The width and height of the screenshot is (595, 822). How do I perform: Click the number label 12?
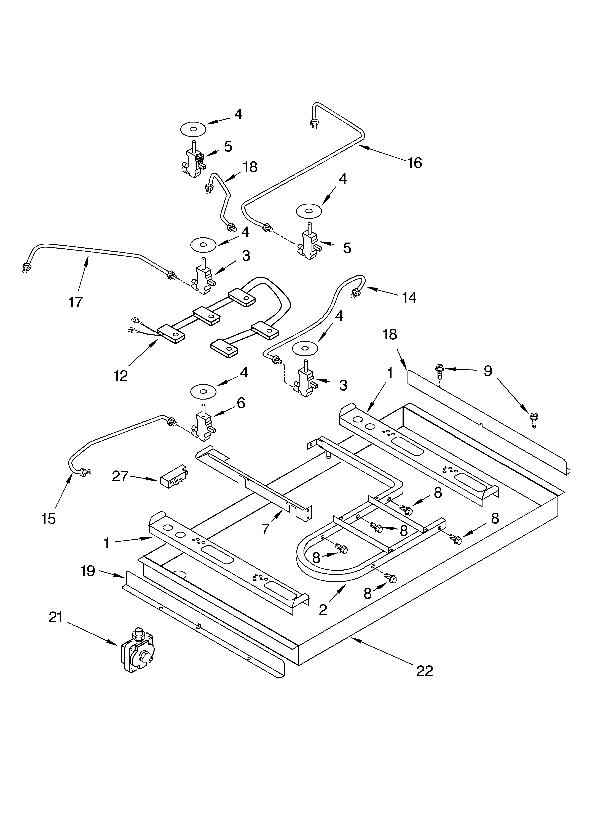(121, 376)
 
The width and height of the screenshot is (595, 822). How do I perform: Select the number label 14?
(409, 297)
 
